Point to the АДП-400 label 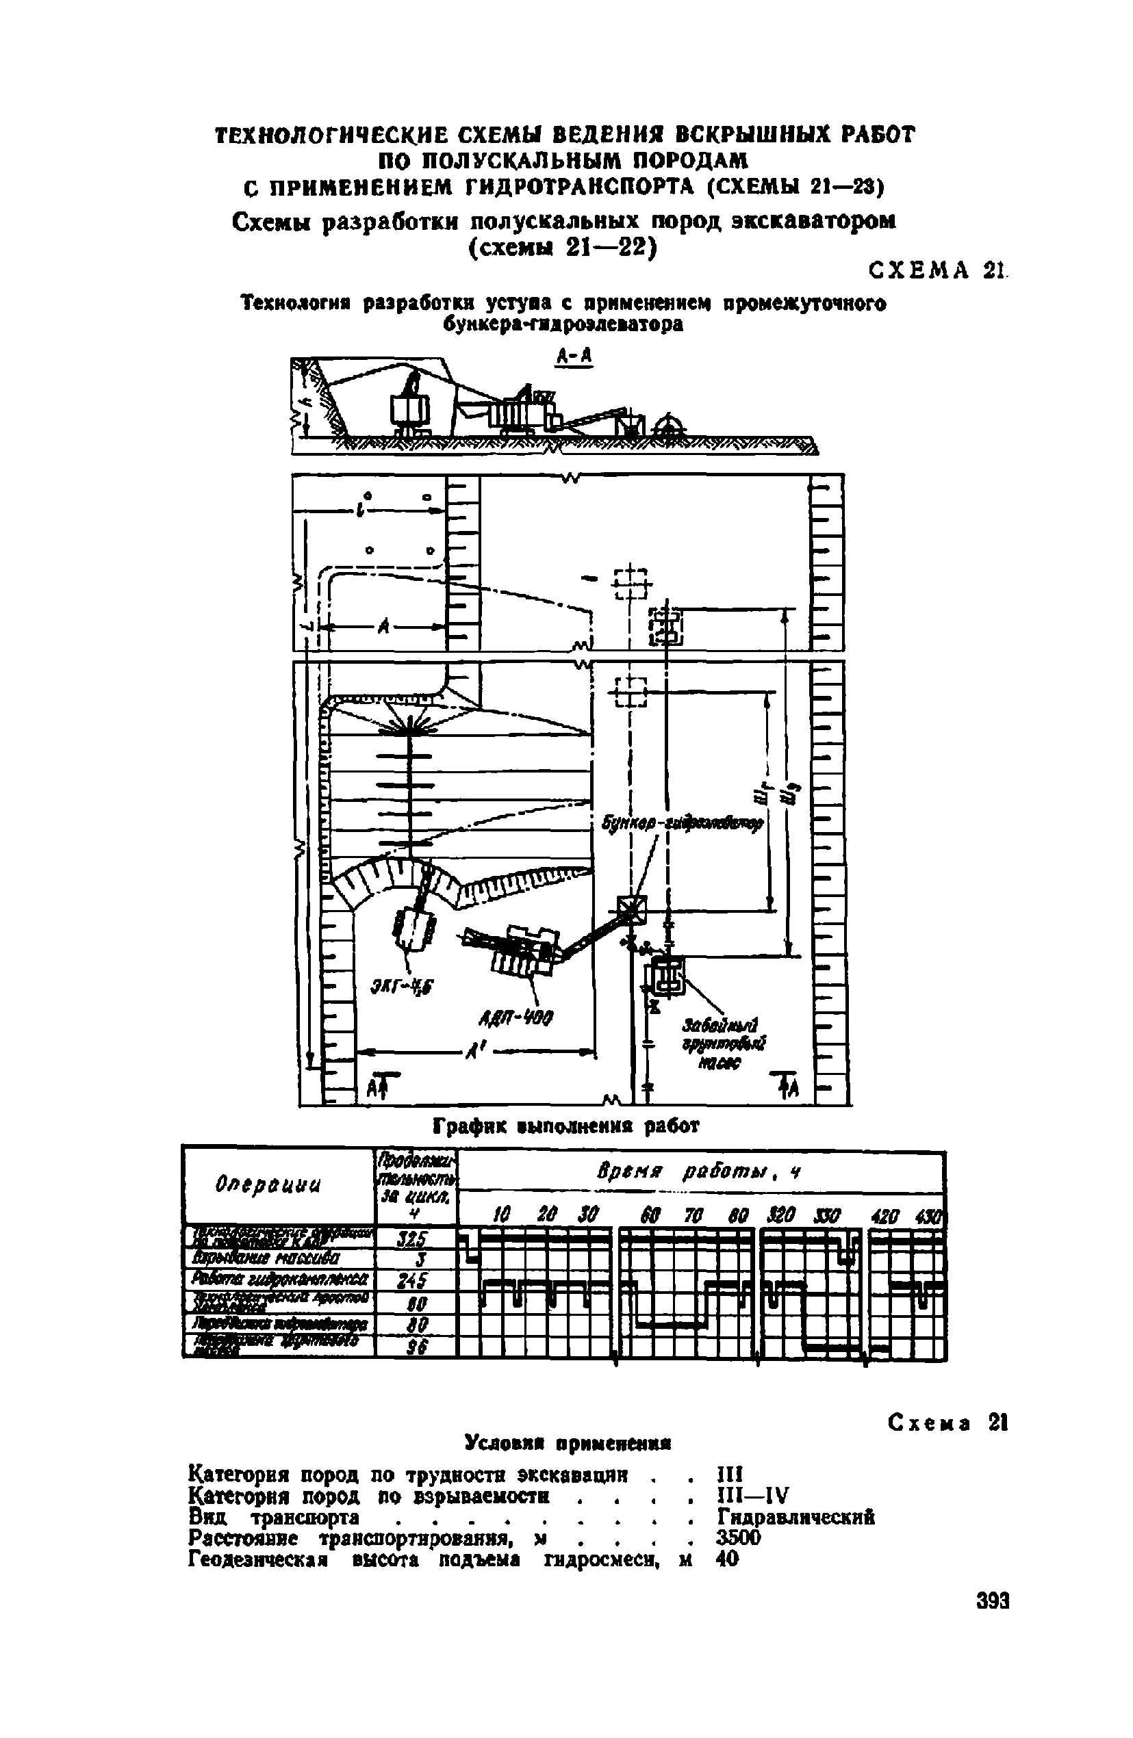click(526, 1017)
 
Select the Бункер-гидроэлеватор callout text click(683, 823)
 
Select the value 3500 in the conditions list click(739, 1538)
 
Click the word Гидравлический click(796, 1517)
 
